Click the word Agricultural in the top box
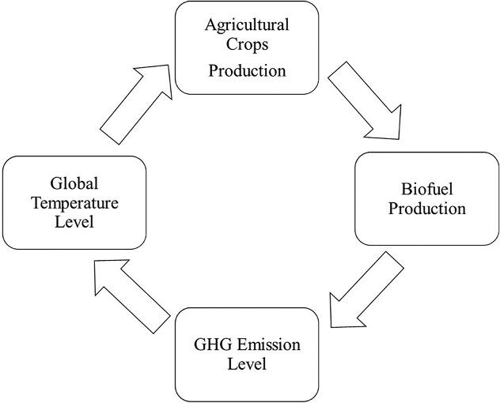coord(247,24)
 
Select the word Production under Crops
coord(247,70)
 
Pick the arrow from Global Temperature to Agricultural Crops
coord(134,99)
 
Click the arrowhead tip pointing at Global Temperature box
coord(93,264)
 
